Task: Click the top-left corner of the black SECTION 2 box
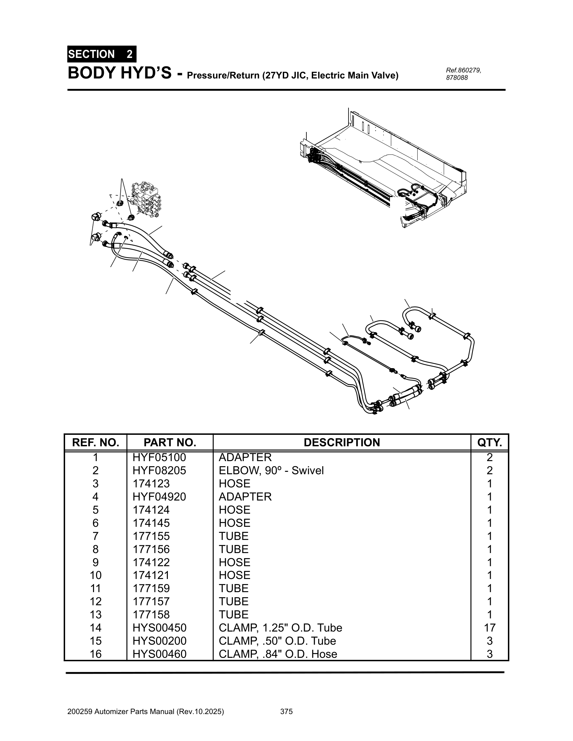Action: pos(67,46)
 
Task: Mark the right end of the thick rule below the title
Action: pos(506,90)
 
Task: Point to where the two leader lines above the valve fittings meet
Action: pos(122,179)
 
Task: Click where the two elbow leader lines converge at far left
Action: pos(90,245)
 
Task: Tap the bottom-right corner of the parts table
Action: pos(509,660)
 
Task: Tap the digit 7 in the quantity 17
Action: pos(492,628)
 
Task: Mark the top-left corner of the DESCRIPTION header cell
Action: pos(213,434)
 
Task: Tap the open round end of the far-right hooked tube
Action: pos(417,328)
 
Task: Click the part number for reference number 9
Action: pos(151,562)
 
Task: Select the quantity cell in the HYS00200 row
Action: pos(489,641)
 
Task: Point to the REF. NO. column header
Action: pos(95,443)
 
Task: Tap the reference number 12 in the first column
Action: pos(95,602)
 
